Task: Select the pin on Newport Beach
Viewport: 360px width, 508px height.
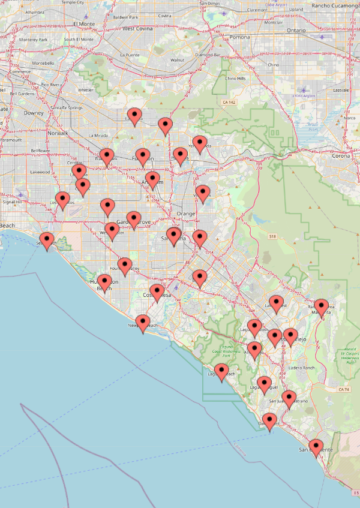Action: (x=143, y=323)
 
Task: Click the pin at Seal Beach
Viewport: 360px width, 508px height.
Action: (x=47, y=241)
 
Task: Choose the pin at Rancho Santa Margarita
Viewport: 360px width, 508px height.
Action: (x=321, y=307)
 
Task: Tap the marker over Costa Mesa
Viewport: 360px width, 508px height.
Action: (x=157, y=293)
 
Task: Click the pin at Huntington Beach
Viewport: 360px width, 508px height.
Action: (x=105, y=282)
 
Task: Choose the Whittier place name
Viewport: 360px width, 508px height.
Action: (x=86, y=90)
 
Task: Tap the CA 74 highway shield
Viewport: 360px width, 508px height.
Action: (x=344, y=390)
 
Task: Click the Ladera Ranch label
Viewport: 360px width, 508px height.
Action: (x=301, y=368)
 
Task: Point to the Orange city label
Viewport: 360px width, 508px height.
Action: (x=186, y=214)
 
